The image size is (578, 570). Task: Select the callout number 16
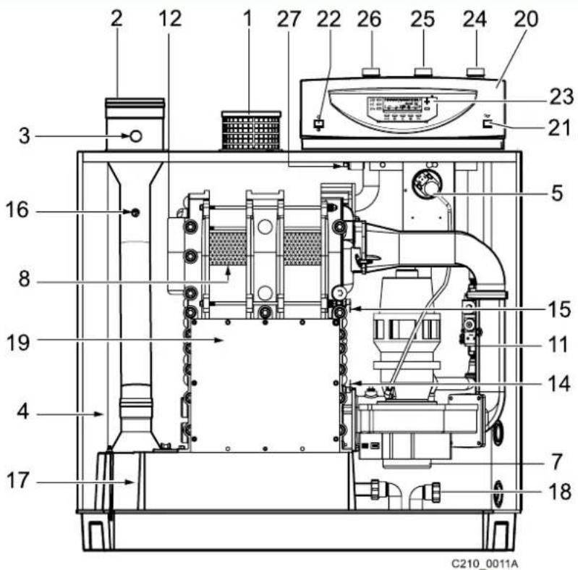17,210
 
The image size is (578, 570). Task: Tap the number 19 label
18,343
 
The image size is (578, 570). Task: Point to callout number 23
562,96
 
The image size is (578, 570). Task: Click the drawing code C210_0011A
485,563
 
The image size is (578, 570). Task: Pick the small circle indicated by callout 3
136,136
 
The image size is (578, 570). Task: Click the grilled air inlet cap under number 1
252,130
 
